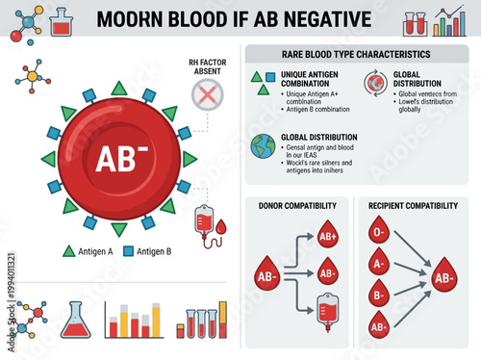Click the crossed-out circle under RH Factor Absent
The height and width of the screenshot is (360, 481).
click(x=205, y=93)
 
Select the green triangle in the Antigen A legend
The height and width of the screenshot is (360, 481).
click(x=68, y=251)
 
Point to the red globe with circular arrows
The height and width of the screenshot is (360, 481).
click(x=373, y=83)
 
